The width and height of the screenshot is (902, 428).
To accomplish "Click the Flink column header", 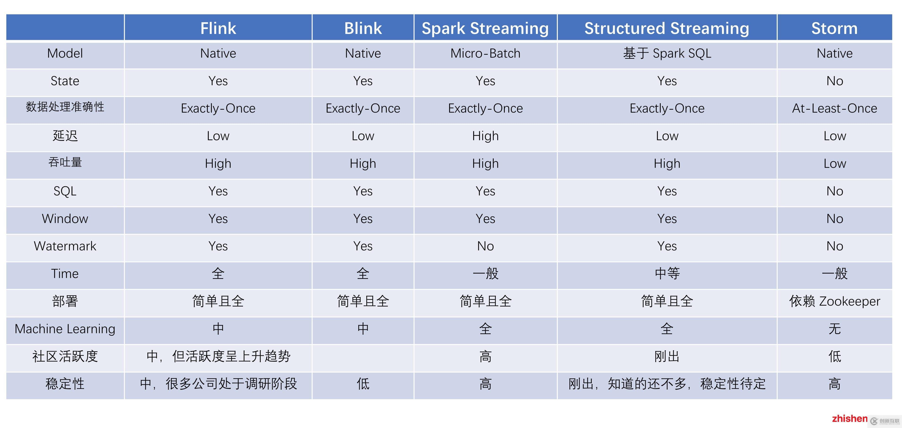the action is coord(218,28).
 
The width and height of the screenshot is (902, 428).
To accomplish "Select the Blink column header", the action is coord(363,28).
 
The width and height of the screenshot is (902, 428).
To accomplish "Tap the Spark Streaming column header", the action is coord(485,28).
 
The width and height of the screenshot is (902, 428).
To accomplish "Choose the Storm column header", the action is coord(834,28).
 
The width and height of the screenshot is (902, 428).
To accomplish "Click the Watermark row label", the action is coord(65,246).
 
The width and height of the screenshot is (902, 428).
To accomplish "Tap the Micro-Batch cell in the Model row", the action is coord(485,53).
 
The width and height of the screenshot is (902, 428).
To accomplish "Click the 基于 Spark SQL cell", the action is coord(667,53).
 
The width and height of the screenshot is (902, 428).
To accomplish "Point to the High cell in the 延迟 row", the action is coord(485,136).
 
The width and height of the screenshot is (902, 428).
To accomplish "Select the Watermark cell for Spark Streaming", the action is coord(485,246).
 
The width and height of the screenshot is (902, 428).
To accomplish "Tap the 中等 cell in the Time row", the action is coord(667,273).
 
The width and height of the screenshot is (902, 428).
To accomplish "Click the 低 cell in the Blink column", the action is coord(363,383).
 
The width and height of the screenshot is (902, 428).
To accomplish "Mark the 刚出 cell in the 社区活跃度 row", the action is coord(667,356).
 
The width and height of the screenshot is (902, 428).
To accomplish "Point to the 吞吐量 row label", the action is coord(65,162).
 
